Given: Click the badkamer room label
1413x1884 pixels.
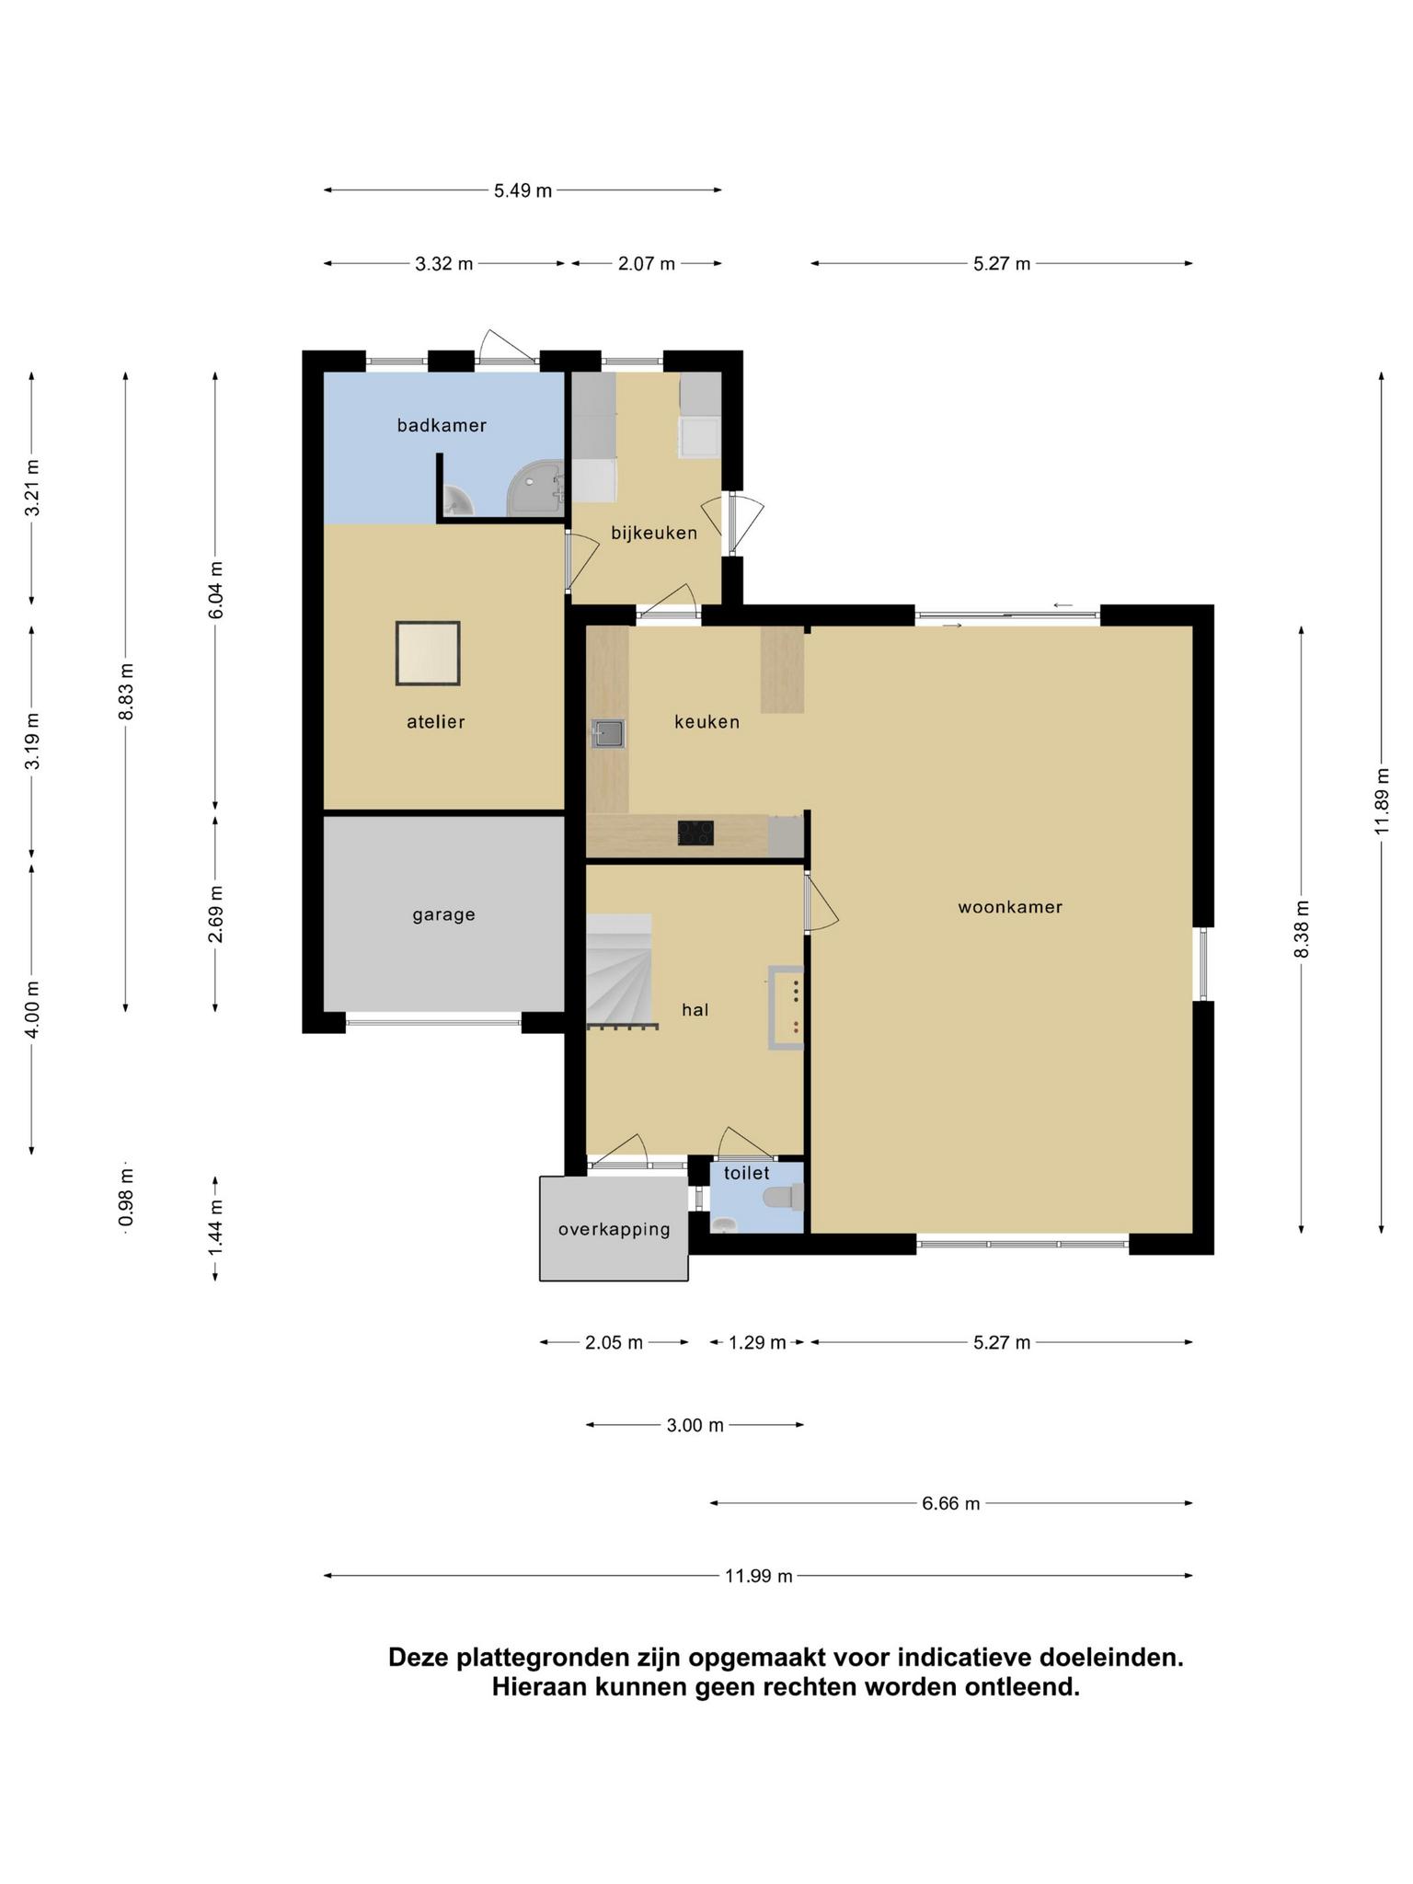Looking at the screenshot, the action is click(x=442, y=425).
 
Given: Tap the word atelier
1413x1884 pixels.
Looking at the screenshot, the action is click(x=436, y=722).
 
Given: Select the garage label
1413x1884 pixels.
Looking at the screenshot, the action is click(x=443, y=915).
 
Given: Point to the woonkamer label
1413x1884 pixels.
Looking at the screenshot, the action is click(x=1010, y=907).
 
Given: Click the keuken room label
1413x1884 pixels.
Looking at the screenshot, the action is click(x=706, y=722).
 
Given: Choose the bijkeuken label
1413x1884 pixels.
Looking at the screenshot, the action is click(x=654, y=533).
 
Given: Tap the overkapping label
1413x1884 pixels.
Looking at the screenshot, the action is click(x=614, y=1229).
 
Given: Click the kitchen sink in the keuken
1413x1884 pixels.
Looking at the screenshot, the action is click(x=608, y=734).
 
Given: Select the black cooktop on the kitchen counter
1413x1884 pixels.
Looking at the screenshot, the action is click(x=695, y=833).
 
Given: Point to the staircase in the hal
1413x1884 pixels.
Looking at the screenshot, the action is click(x=621, y=970).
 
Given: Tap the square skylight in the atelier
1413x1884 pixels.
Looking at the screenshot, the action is click(x=428, y=653).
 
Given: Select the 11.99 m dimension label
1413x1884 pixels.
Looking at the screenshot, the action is click(x=758, y=1576).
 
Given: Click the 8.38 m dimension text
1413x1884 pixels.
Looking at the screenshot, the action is click(x=1301, y=929).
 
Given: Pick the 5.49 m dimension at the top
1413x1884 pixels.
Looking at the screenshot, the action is click(x=523, y=190).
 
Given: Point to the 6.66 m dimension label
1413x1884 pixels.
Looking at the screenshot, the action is click(x=951, y=1503).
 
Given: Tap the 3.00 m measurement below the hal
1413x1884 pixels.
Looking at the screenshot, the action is click(x=695, y=1425).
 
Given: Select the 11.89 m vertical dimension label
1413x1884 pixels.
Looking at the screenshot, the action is click(x=1381, y=800).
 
